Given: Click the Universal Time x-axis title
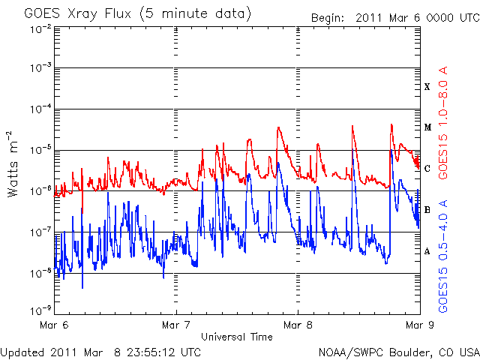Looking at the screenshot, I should point(236,337).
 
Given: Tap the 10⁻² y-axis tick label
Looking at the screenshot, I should point(41,28).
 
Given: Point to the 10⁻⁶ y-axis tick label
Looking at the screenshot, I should point(41,190).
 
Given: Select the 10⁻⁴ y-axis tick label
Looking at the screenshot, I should point(41,109).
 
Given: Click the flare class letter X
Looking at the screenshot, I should point(427,87).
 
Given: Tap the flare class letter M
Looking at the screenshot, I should point(427,127).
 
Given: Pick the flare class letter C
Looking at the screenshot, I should point(427,169).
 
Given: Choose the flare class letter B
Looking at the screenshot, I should point(427,209).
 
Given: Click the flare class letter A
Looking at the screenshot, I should point(427,250).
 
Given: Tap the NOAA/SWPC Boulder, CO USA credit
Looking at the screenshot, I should point(398,351).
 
